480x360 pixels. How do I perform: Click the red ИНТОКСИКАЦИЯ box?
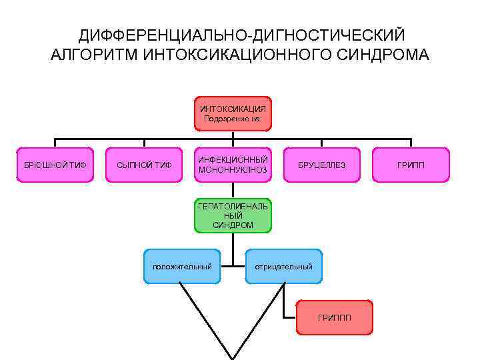click(233, 113)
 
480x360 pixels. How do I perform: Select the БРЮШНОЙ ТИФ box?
click(55, 165)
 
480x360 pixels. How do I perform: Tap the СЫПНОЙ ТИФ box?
click(144, 165)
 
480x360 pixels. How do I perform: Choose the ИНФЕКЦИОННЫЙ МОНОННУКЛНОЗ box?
click(233, 165)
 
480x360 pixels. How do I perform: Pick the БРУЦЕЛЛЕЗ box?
click(321, 165)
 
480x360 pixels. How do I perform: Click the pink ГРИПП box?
click(411, 165)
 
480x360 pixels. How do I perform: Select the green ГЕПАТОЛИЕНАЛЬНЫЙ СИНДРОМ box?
click(233, 216)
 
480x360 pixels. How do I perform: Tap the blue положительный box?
click(182, 267)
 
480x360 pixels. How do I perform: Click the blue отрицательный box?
click(283, 267)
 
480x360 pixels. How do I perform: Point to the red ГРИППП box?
click(334, 317)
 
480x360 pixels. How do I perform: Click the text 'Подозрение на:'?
click(233, 119)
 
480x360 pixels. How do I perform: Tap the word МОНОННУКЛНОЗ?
click(233, 170)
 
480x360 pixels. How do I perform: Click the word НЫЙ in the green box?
click(233, 216)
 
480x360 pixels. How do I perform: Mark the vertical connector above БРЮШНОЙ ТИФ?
click(55, 143)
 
